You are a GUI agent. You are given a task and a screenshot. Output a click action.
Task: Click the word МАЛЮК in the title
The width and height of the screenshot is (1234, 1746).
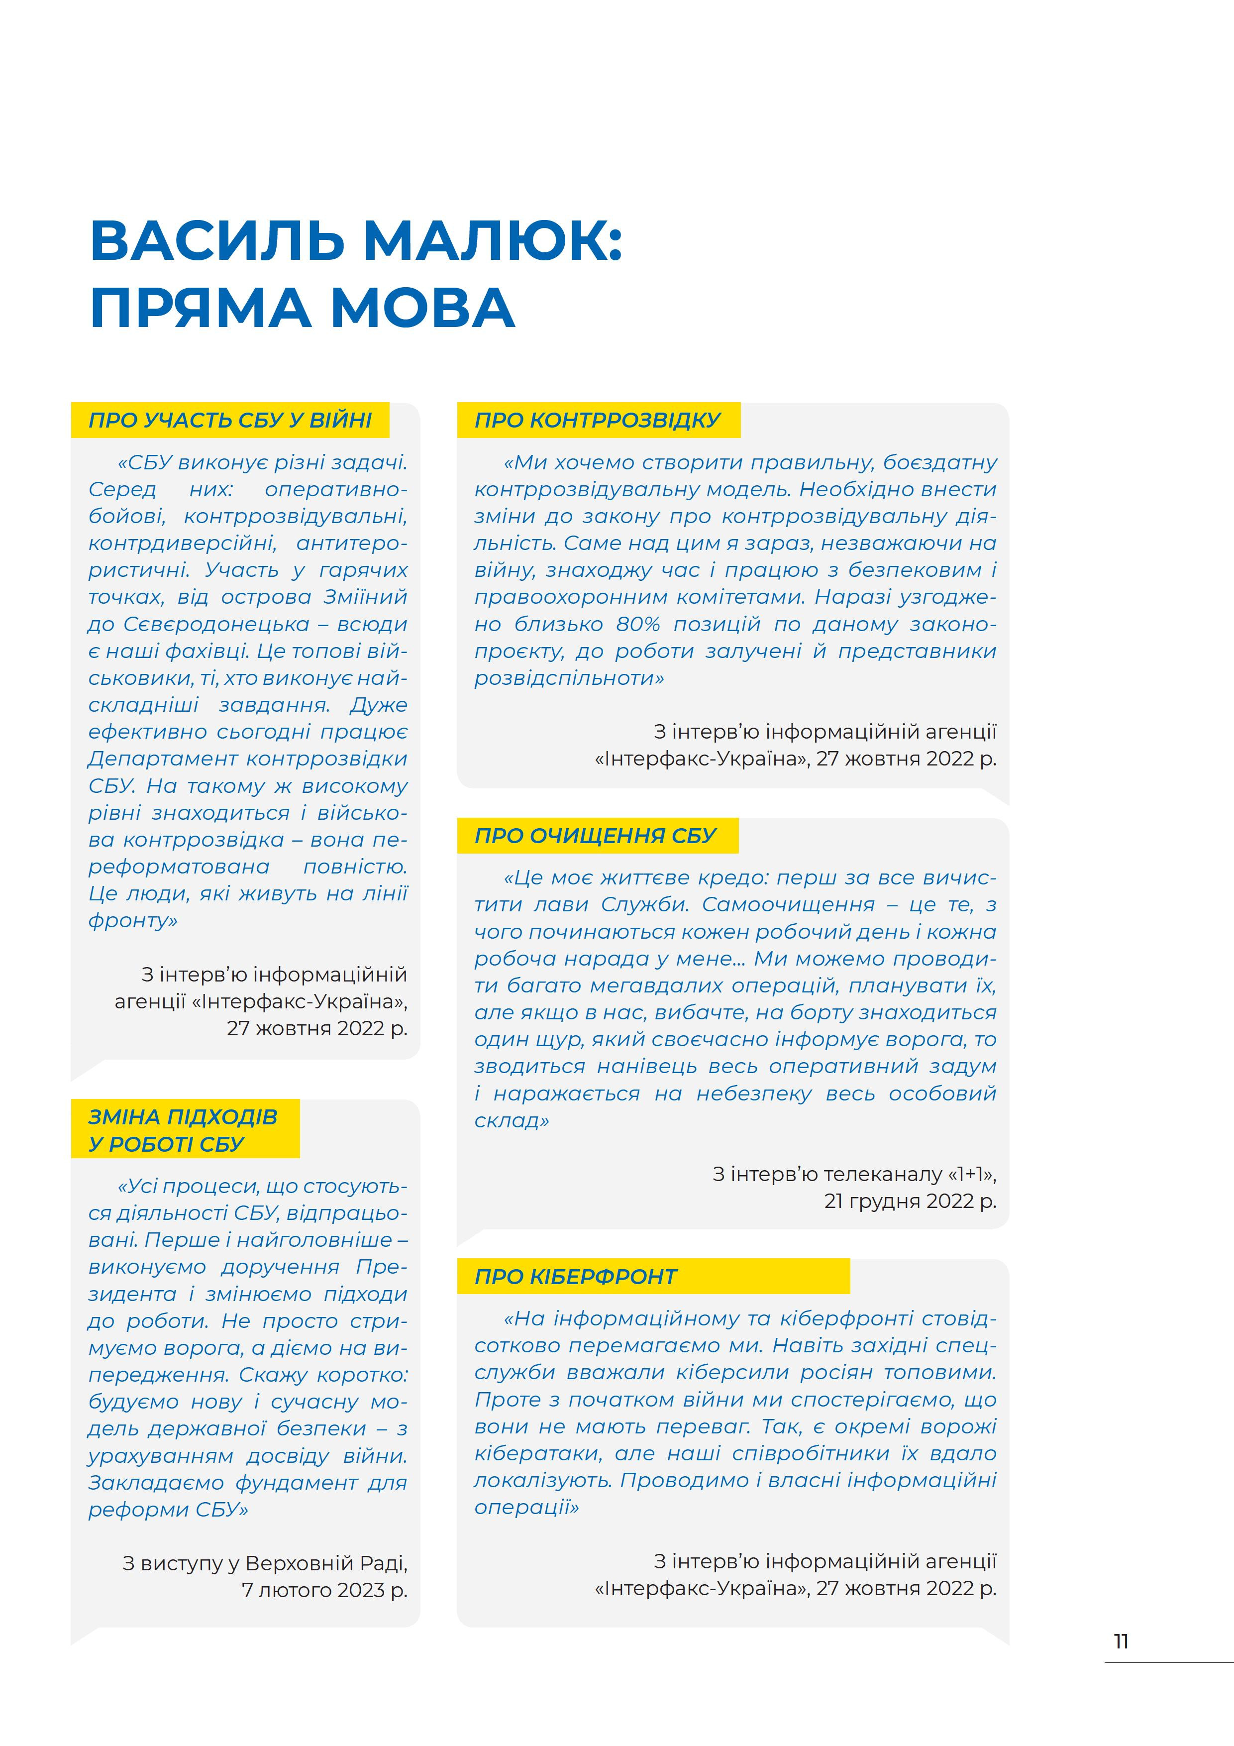pyautogui.click(x=494, y=240)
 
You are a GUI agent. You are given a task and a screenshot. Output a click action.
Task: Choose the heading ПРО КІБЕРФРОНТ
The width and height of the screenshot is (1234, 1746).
pyautogui.click(x=576, y=1277)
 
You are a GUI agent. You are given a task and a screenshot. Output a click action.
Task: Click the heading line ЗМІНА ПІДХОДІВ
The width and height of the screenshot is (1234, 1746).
pyautogui.click(x=183, y=1117)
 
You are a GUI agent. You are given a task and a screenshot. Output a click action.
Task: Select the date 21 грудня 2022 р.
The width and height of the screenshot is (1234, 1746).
pyautogui.click(x=910, y=1201)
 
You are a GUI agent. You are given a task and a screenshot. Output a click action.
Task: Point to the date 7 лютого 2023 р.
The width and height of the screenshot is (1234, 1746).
pyautogui.click(x=324, y=1590)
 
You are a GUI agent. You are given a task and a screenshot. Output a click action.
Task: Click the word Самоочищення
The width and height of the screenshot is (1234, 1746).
pyautogui.click(x=789, y=905)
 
